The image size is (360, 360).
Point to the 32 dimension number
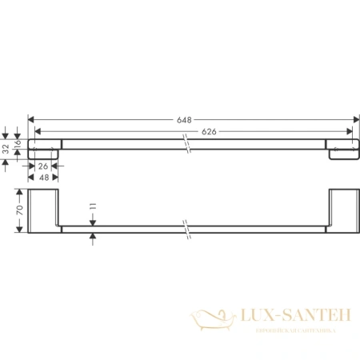point(6,148)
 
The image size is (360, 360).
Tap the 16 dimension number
point(16,143)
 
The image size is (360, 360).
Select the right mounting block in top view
point(342,149)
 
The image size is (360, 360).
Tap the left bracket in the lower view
point(44,212)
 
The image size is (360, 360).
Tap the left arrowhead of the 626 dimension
point(41,131)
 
